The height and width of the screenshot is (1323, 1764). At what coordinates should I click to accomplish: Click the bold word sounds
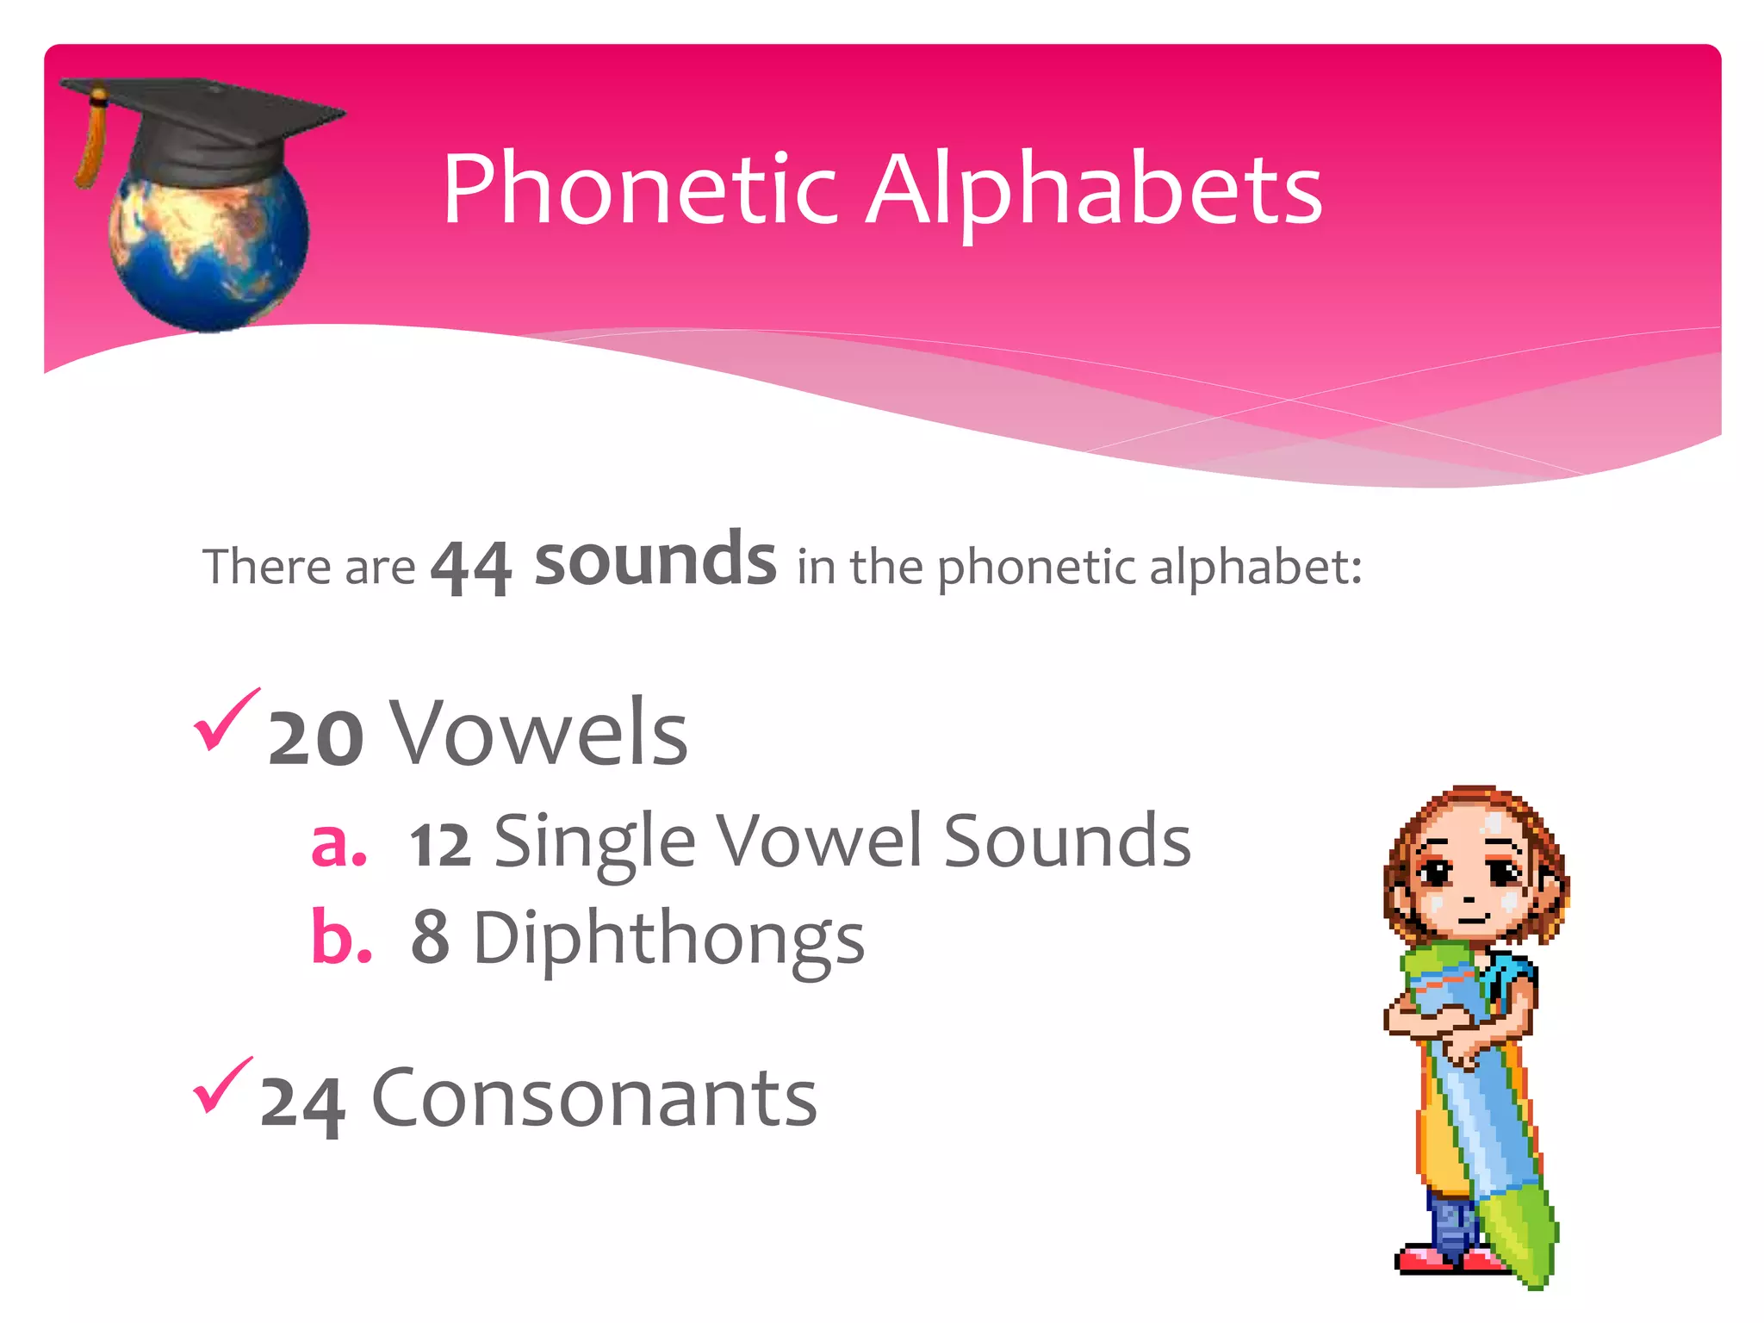click(x=655, y=560)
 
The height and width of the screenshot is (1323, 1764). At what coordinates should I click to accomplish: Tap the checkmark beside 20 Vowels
click(x=226, y=719)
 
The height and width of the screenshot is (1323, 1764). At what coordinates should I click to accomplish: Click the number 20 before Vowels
click(x=315, y=737)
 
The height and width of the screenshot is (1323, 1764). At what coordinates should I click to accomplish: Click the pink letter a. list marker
click(x=339, y=842)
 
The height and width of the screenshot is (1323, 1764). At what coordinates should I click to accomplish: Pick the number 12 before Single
click(x=440, y=845)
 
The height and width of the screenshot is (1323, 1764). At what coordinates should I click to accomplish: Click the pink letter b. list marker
click(x=341, y=936)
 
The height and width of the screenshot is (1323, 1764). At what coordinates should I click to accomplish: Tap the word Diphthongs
click(x=668, y=939)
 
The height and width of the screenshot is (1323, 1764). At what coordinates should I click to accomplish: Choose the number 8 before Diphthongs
click(x=430, y=937)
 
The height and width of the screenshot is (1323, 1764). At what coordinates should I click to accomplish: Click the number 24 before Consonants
click(x=303, y=1103)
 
